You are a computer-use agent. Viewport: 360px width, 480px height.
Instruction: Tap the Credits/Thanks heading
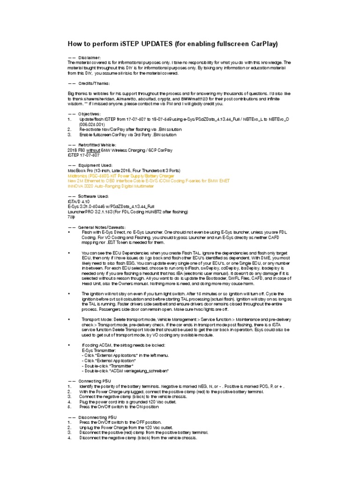94,83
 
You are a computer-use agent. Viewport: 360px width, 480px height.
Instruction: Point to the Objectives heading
89,114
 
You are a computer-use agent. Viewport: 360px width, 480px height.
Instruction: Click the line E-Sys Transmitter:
98,350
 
